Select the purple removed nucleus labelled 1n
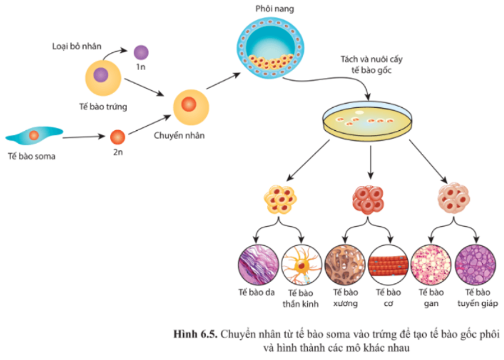pos(141,53)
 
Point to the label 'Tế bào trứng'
pos(103,107)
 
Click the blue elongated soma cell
pos(34,136)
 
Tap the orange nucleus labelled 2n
pos(118,137)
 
